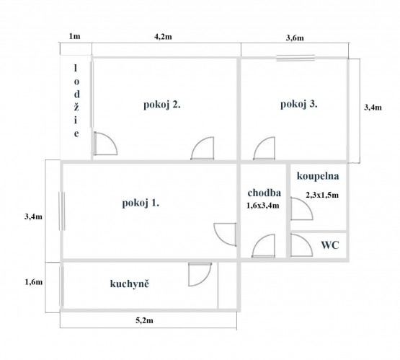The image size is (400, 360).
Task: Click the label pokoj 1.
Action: [x=141, y=203]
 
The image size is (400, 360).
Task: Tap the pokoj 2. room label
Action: [x=162, y=105]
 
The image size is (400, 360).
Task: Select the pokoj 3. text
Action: [x=299, y=104]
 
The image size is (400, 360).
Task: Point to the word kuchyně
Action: [x=129, y=284]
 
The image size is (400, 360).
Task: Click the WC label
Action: [x=330, y=245]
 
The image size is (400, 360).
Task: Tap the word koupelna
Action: [x=318, y=176]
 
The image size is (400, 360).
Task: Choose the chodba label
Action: [x=265, y=193]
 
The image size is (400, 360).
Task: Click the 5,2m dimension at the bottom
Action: [x=144, y=320]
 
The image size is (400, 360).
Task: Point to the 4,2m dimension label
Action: [x=163, y=37]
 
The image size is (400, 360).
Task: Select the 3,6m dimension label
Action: [x=295, y=38]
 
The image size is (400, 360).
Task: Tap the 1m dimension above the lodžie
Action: [x=74, y=36]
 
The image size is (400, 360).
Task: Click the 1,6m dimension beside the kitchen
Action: [x=34, y=282]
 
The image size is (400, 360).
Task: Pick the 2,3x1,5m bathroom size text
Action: [x=322, y=195]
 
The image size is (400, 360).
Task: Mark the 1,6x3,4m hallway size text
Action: [x=263, y=206]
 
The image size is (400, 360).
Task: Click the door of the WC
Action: [x=301, y=245]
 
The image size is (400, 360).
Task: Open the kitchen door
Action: [x=200, y=274]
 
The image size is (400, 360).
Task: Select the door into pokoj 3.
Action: [x=264, y=149]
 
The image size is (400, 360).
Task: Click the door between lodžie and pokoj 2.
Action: [x=105, y=144]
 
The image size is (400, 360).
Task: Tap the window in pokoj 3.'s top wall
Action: [x=295, y=58]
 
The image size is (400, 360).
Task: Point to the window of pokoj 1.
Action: [x=62, y=211]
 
